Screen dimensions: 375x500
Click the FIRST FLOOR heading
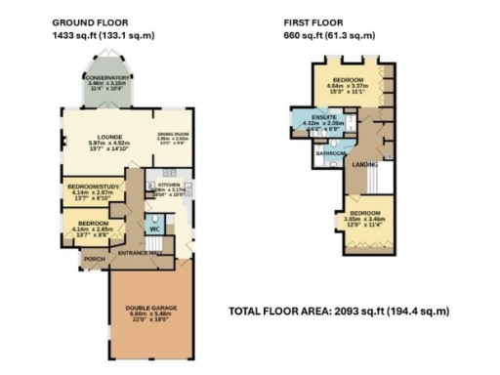(311, 21)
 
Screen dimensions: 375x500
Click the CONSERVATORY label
(107, 77)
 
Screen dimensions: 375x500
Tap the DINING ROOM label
(172, 135)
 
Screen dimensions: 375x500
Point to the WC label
(152, 229)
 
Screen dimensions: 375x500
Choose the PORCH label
(95, 258)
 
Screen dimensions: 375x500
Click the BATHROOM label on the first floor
(328, 152)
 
